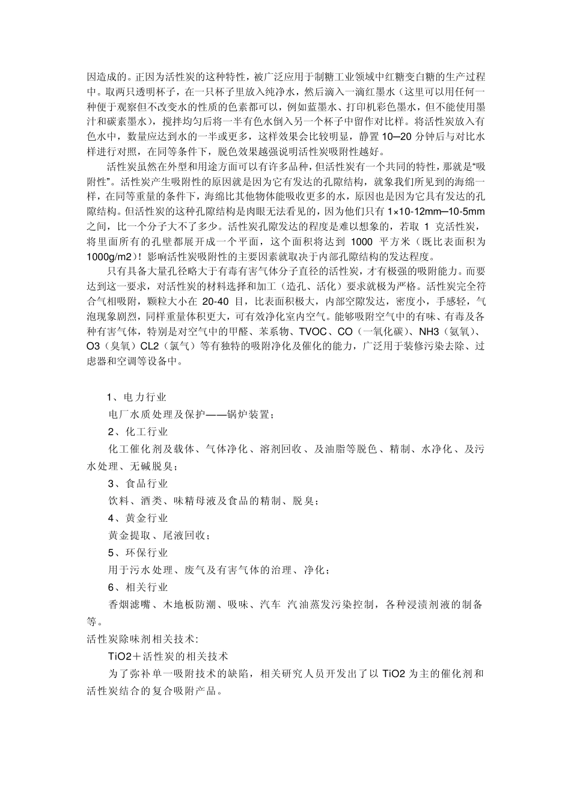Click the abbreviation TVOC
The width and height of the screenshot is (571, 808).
pos(314,331)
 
